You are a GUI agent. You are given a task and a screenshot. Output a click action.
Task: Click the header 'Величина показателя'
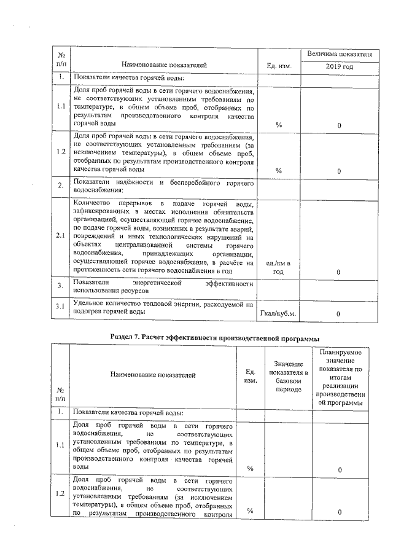[340, 54]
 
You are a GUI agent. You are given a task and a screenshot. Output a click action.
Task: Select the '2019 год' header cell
[340, 66]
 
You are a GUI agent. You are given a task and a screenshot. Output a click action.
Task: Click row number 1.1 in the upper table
[61, 105]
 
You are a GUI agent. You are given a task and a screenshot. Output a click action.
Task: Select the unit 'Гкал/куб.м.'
[279, 314]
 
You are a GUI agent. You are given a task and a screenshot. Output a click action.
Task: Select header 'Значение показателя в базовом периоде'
[288, 377]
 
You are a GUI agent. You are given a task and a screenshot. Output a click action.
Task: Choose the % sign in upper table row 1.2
[279, 171]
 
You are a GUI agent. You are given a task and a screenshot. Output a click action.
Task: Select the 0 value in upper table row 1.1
[339, 125]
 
